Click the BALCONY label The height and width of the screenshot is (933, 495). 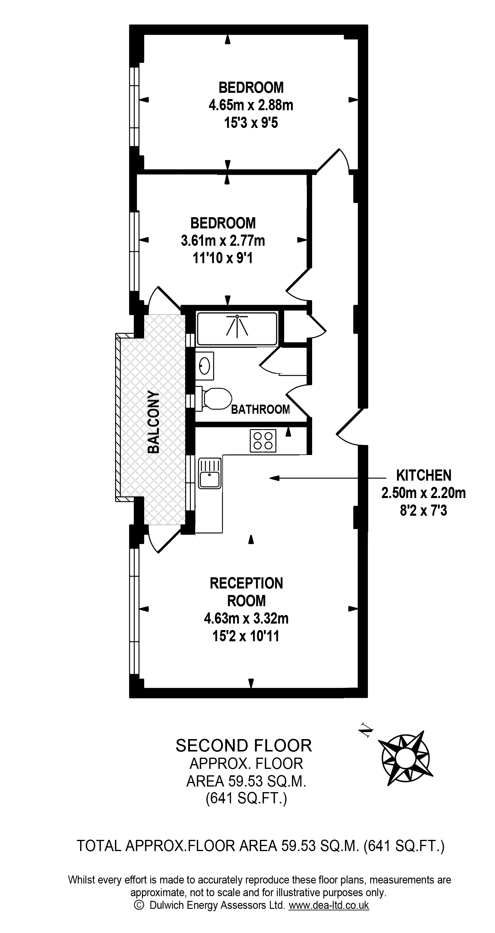pos(154,422)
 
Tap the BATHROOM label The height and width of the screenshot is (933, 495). pos(261,409)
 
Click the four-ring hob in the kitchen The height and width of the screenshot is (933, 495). pos(263,441)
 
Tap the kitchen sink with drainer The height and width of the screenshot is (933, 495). pos(209,473)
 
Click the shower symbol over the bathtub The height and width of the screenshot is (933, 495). pos(237,325)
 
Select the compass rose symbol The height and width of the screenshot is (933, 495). pos(405,758)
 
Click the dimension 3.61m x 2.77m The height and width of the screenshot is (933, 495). pos(223,240)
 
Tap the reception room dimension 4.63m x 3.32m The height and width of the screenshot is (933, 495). pos(246,618)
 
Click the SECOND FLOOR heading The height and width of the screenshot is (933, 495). pos(244,745)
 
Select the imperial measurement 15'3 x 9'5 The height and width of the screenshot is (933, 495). pos(251,123)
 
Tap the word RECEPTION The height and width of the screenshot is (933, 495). pos(246,583)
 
